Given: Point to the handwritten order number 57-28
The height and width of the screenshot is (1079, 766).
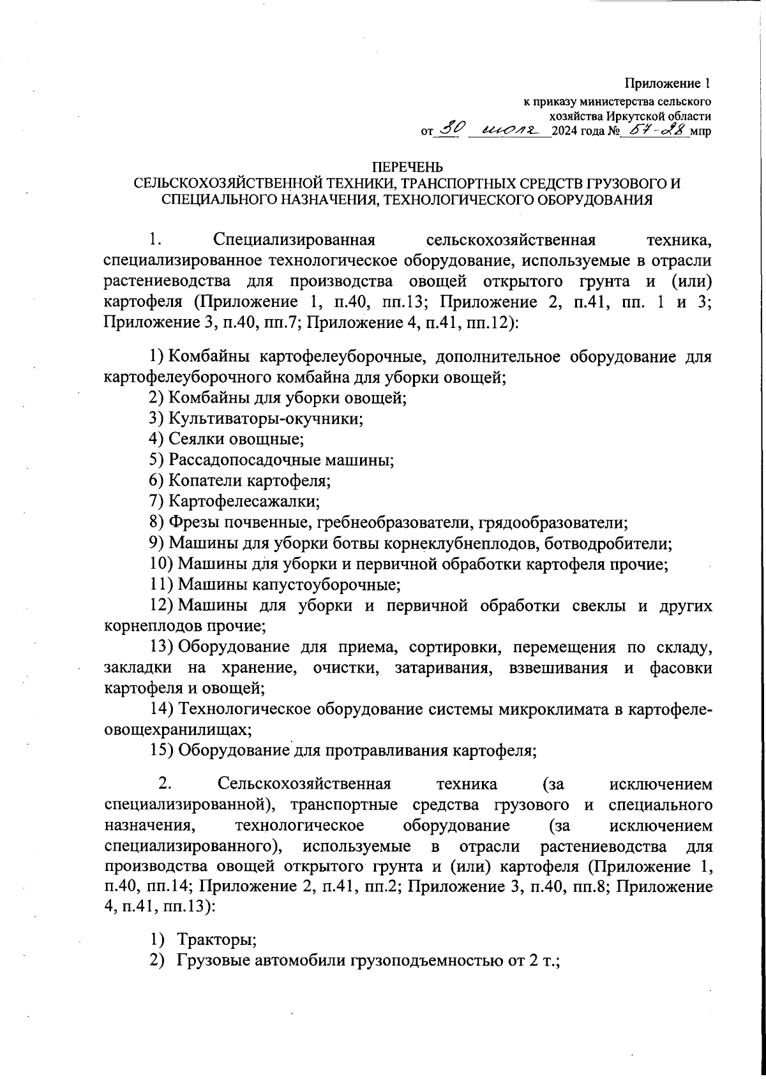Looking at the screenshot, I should tap(656, 130).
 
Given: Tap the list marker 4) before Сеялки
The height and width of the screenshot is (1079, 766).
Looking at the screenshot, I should tap(157, 439).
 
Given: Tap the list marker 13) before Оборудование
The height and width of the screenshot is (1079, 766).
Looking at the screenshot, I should tap(161, 648).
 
